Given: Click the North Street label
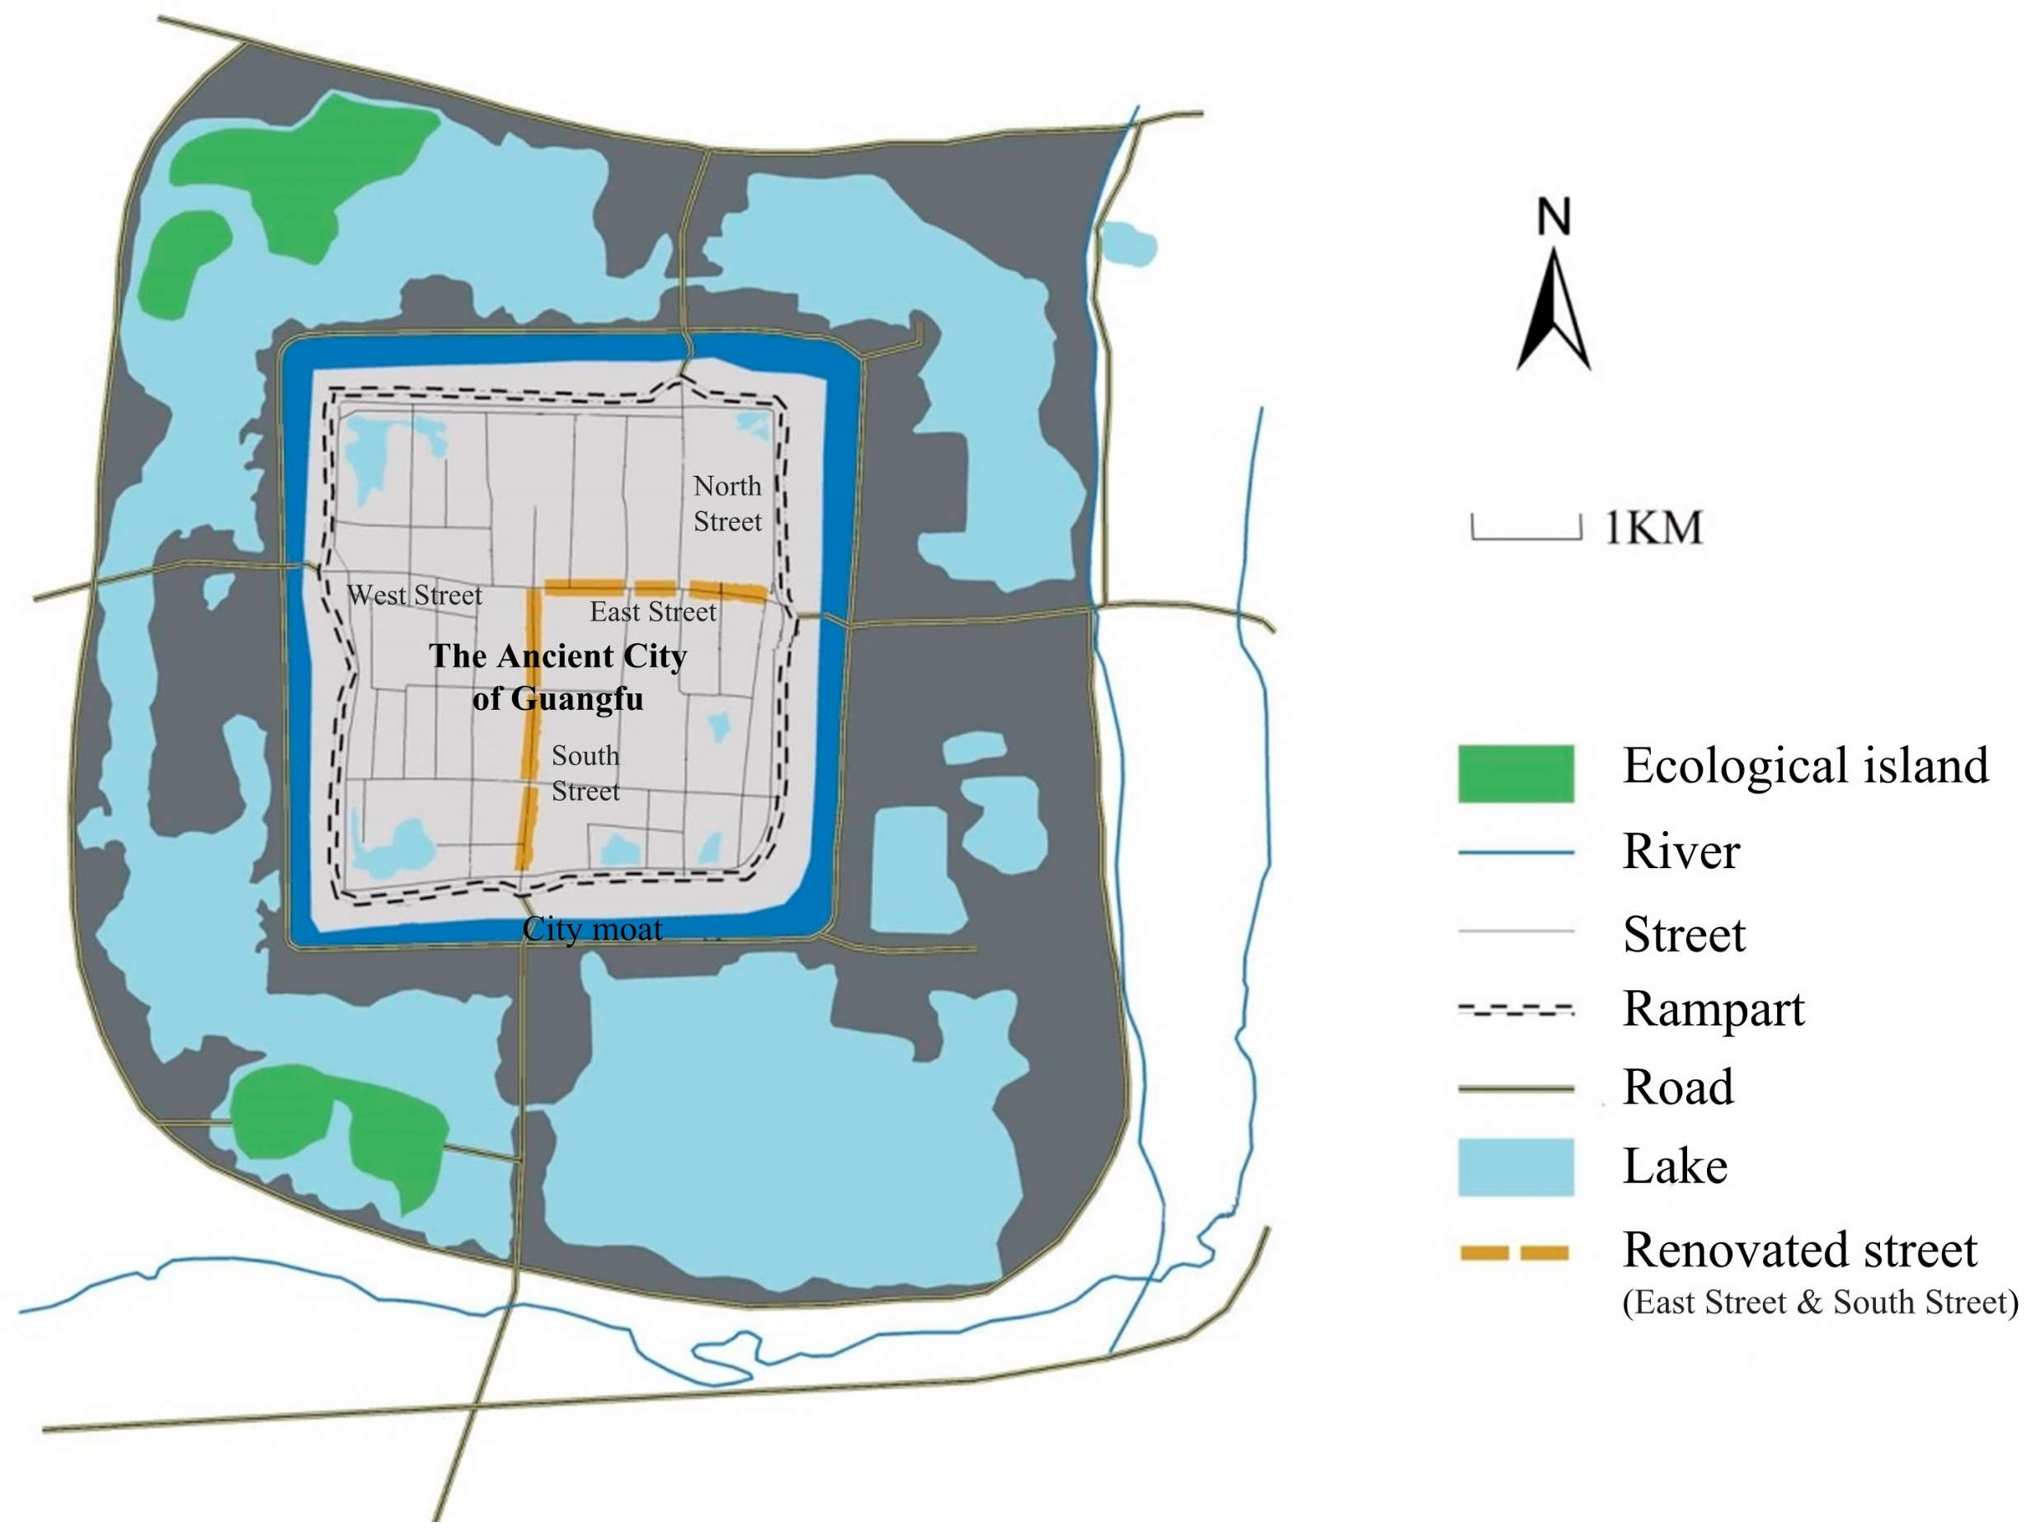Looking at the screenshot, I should click(x=727, y=503).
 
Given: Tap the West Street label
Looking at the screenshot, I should click(x=415, y=595).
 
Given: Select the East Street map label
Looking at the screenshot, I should click(x=653, y=612).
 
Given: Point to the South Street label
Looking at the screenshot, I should click(x=585, y=773).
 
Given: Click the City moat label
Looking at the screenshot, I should click(x=592, y=929).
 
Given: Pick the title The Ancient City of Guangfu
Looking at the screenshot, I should click(x=557, y=677).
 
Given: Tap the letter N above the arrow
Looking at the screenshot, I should click(x=1554, y=218).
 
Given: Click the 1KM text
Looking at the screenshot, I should click(x=1653, y=528).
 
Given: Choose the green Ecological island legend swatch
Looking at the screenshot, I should click(x=1516, y=773).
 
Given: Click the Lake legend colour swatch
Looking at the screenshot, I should click(x=1516, y=1167).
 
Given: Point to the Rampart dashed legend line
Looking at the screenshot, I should click(x=1516, y=1010).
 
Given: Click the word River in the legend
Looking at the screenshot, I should click(x=1681, y=851).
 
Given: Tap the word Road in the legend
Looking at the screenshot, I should click(x=1678, y=1087).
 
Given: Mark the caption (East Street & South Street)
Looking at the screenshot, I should click(x=1820, y=1302).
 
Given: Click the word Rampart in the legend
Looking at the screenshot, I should click(x=1714, y=1009).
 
